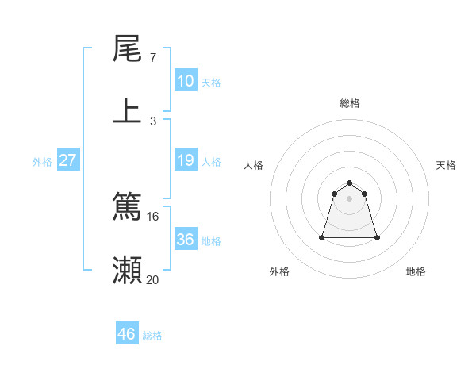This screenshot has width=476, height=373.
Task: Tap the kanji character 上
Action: tap(128, 110)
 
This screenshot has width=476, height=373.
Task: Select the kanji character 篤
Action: tap(128, 207)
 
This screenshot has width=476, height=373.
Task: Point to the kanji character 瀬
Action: tap(128, 269)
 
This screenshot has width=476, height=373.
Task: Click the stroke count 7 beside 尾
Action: tap(153, 58)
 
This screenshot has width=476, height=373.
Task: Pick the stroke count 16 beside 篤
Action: tap(153, 217)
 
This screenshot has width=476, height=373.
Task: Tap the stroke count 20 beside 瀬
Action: tap(153, 279)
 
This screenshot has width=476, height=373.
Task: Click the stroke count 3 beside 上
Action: tap(153, 121)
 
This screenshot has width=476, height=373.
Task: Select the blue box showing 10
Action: tap(185, 81)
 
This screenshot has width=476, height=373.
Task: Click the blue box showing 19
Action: tap(185, 160)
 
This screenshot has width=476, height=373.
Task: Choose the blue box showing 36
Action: tap(185, 240)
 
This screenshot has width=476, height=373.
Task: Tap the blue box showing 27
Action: tap(68, 160)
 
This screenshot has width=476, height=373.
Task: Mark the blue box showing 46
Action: tap(127, 334)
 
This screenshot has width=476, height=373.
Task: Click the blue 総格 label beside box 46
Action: tap(152, 336)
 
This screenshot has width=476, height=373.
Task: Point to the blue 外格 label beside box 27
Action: tap(42, 162)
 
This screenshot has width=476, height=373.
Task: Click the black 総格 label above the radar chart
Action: tap(350, 103)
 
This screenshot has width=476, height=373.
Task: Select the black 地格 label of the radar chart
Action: tap(416, 271)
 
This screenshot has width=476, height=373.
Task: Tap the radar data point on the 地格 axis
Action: tap(377, 237)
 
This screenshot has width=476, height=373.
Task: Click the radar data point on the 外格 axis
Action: tap(323, 237)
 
